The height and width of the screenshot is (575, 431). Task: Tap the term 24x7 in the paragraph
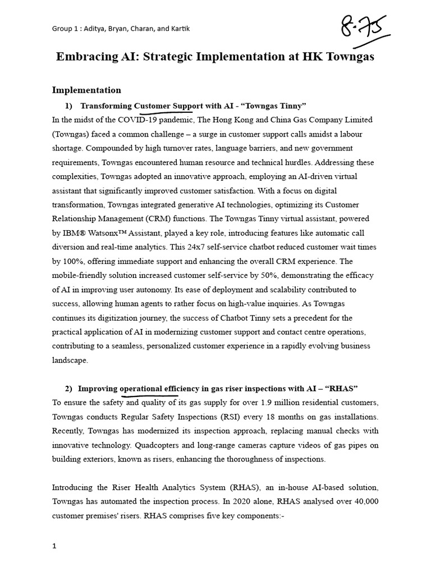228,247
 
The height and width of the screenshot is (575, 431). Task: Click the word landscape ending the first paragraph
70,360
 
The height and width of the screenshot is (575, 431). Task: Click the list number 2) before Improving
68,389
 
